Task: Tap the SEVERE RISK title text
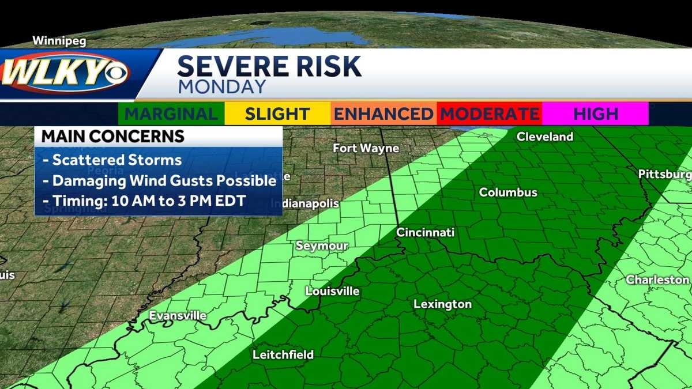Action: point(269,67)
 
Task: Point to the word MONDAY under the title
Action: point(221,86)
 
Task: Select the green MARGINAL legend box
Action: point(171,114)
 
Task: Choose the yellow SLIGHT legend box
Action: point(277,114)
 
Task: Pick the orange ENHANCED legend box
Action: point(383,114)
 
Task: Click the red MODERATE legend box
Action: point(489,114)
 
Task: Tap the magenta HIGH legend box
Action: point(595,114)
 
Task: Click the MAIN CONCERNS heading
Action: point(113,137)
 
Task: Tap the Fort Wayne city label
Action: point(366,148)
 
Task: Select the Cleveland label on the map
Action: point(545,137)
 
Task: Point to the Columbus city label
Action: point(508,192)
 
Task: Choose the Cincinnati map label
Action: point(426,232)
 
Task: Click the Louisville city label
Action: point(332,291)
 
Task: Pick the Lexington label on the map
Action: point(443,304)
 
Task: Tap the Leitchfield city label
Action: point(283,354)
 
